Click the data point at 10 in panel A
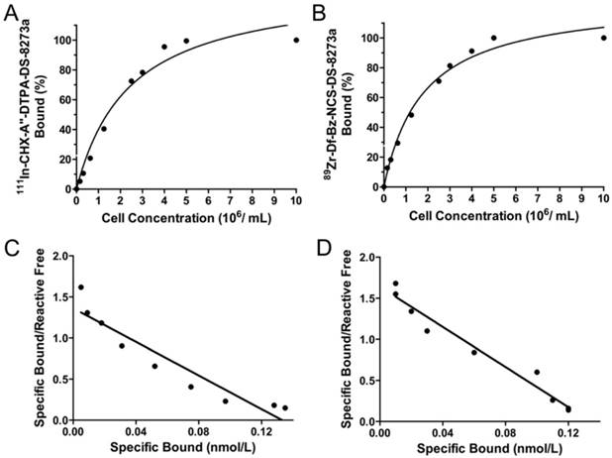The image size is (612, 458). [x=296, y=40]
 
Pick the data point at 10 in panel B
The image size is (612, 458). [x=603, y=38]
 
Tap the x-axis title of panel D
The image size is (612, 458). [x=492, y=449]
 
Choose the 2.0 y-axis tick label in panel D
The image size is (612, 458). [x=364, y=257]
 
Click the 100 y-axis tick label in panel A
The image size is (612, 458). [x=61, y=40]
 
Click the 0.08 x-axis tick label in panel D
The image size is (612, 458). [x=492, y=433]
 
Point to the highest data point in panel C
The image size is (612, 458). [x=81, y=287]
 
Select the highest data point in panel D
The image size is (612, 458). [x=395, y=284]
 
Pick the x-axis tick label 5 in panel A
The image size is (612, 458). [x=186, y=198]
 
